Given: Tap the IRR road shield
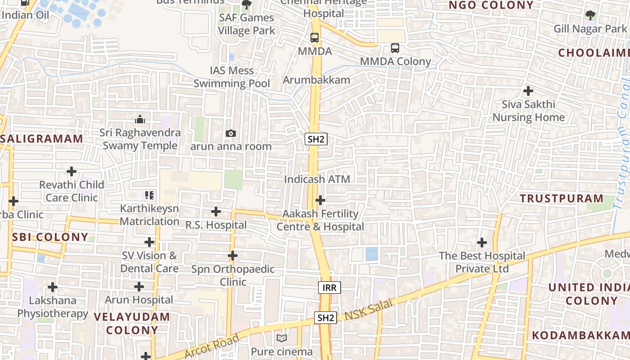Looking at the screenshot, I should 329,288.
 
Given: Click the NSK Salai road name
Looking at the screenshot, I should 369,310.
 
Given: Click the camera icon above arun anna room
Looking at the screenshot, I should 230,133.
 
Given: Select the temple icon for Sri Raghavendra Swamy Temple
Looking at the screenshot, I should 140,119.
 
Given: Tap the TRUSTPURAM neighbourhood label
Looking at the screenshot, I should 562,198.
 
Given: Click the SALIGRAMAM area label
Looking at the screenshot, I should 41,139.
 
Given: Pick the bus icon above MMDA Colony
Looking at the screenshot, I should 395,48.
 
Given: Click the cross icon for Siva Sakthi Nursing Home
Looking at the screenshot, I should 528,91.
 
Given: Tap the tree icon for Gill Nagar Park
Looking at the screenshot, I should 590,16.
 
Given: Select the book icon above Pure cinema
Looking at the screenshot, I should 282,338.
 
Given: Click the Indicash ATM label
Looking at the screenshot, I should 317,179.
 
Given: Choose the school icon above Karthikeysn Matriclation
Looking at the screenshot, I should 149,195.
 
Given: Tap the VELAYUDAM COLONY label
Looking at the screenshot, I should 132,323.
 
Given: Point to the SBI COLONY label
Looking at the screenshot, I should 50,237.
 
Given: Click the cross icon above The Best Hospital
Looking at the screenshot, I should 482,243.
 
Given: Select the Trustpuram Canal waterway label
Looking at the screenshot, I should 622,144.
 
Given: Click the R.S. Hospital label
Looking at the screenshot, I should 216,225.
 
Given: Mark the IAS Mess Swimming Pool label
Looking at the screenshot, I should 232,77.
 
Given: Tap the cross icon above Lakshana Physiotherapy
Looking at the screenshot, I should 53,287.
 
